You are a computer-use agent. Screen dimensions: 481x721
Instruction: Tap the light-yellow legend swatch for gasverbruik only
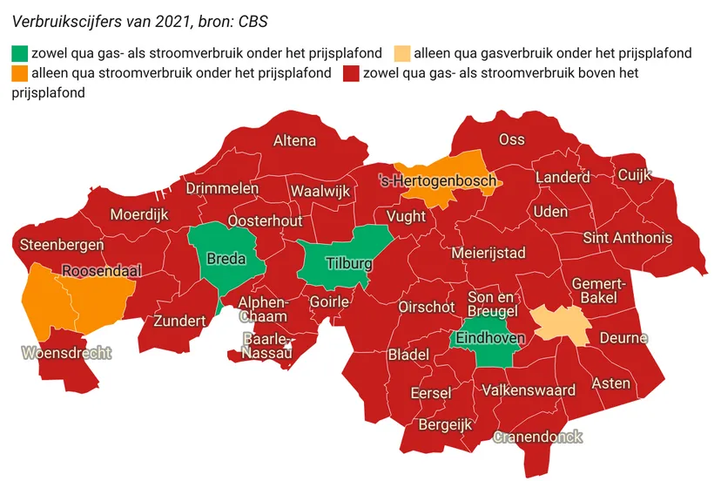point(403,53)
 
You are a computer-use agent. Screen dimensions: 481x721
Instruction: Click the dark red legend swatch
point(352,73)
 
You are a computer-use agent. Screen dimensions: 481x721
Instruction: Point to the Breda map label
point(225,259)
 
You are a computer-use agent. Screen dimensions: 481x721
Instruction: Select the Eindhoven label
point(490,338)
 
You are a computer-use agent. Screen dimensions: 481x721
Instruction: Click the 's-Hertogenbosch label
point(438,181)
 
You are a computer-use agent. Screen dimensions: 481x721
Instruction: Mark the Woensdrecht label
point(67,353)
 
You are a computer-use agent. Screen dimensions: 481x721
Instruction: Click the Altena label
point(295,140)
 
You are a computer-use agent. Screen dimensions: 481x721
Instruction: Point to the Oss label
point(511,139)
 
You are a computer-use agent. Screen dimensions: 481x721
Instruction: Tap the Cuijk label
point(634,175)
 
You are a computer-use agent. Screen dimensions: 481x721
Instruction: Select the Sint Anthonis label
point(628,237)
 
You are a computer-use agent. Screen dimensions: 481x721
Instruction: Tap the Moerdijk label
point(139,214)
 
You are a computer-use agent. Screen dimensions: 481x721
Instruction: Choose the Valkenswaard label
point(529,390)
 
